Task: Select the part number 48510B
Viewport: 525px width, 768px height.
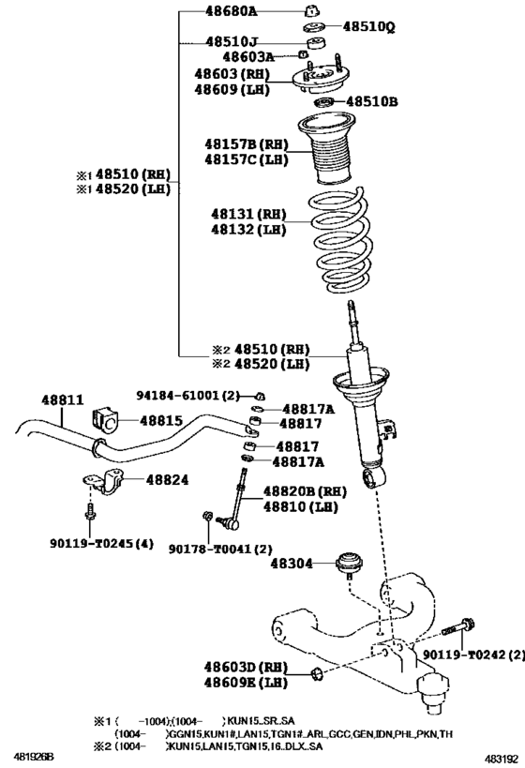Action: pos(372,101)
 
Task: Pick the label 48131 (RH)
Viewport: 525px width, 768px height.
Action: pos(247,214)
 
